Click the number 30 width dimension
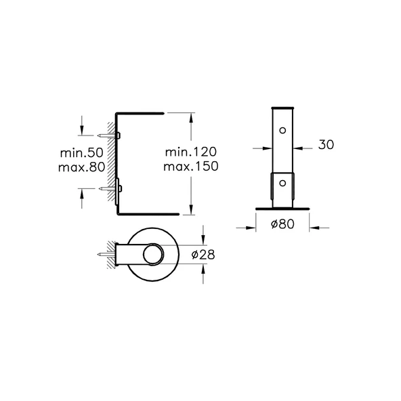coord(325,145)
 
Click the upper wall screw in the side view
coord(108,135)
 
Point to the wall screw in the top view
coord(108,255)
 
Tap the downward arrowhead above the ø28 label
coord(204,243)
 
